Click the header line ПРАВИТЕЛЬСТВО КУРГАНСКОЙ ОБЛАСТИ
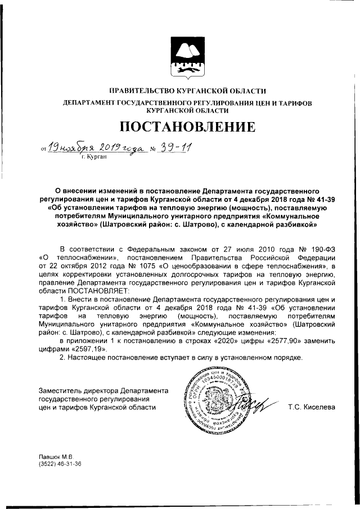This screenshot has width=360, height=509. (x=179, y=91)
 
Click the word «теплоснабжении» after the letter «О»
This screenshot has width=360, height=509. (x=80, y=257)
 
